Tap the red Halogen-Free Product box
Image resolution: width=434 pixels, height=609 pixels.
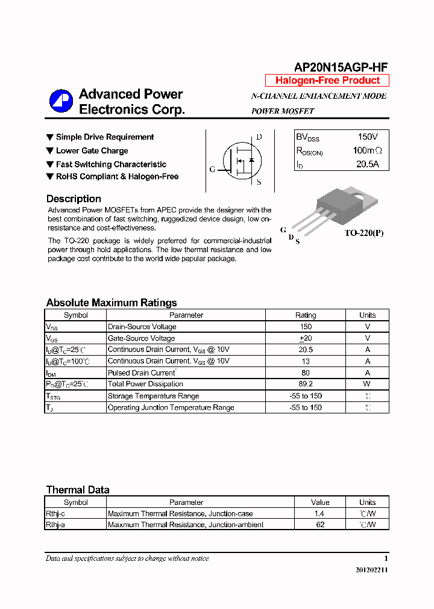327,81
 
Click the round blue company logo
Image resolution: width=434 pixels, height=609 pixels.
61,101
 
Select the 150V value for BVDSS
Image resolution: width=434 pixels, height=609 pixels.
368,137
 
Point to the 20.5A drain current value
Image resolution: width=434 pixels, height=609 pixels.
367,164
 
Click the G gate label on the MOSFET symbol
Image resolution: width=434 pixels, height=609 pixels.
212,169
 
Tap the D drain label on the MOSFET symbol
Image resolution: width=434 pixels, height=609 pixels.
259,137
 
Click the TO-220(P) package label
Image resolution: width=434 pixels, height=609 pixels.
363,233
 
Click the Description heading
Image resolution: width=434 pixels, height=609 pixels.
74,199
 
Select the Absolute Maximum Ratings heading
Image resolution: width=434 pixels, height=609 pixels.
112,303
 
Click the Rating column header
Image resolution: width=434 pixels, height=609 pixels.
306,315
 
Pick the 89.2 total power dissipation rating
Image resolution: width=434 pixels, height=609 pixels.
306,384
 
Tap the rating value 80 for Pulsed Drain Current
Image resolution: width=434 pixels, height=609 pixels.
306,373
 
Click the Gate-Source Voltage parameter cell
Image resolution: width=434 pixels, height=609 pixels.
141,338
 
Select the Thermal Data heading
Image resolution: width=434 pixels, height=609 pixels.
78,490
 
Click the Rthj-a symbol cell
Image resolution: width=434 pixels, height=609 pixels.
55,525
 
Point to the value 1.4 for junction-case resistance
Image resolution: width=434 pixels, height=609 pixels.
319,513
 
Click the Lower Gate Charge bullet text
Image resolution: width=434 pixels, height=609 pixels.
92,151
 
